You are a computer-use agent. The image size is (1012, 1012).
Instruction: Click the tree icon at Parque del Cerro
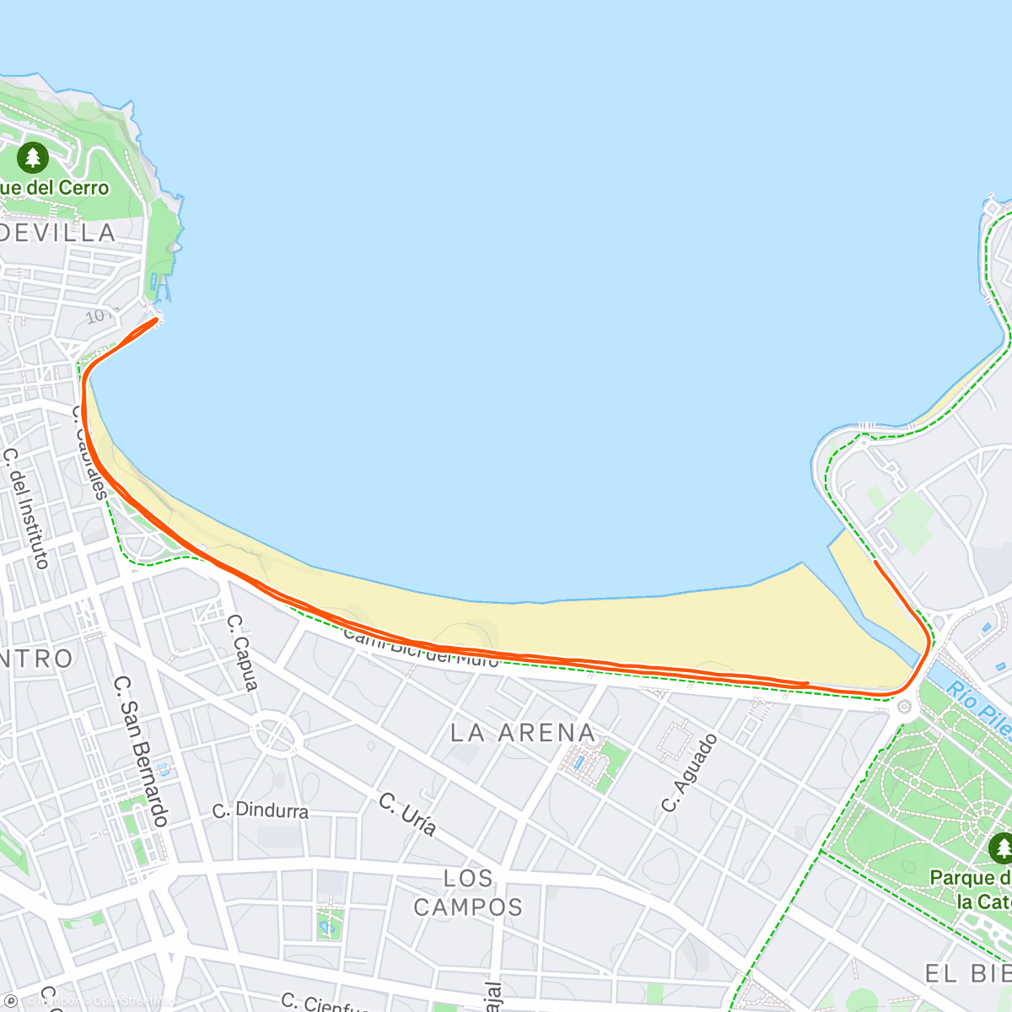tap(32, 157)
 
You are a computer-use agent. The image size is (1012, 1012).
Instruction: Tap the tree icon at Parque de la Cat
tap(1000, 847)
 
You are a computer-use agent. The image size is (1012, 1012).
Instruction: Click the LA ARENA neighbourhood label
tap(523, 733)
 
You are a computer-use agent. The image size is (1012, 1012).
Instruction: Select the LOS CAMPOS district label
tap(468, 893)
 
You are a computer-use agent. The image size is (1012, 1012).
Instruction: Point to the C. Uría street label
tap(407, 814)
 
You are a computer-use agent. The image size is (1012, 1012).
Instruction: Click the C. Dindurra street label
tap(261, 810)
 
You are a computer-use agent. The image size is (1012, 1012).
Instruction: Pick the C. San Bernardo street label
tap(142, 750)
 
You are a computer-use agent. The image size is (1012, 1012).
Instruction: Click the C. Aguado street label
tap(689, 772)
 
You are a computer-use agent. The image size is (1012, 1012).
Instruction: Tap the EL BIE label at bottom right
tap(968, 973)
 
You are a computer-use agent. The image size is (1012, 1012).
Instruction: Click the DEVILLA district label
tap(57, 233)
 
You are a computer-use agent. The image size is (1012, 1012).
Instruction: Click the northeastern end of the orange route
tap(876, 562)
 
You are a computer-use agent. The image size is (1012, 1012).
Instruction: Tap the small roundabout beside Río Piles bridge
tap(905, 706)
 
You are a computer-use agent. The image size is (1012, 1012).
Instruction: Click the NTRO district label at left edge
tap(37, 659)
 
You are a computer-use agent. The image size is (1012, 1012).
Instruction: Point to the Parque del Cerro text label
tap(55, 187)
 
